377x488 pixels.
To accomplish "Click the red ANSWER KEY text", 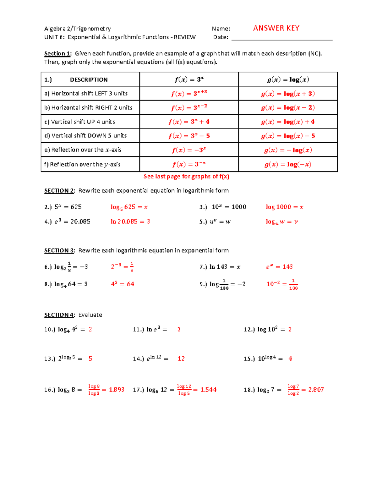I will pyautogui.click(x=276, y=28).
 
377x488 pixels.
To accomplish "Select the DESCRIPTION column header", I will pyautogui.click(x=89, y=80).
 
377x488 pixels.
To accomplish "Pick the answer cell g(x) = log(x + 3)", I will pyautogui.click(x=288, y=94).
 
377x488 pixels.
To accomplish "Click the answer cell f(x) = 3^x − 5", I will pyautogui.click(x=189, y=136).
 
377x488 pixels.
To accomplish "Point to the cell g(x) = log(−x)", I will pyautogui.click(x=288, y=164).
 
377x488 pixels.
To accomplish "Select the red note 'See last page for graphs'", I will pyautogui.click(x=186, y=177).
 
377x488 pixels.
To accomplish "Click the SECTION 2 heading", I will pyautogui.click(x=59, y=191).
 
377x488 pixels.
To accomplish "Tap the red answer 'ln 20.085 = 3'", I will pyautogui.click(x=130, y=222).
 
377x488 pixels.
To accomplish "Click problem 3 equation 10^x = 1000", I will pyautogui.click(x=229, y=207).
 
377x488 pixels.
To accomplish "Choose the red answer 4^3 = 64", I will pyautogui.click(x=123, y=284).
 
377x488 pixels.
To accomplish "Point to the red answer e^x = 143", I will pyautogui.click(x=279, y=267).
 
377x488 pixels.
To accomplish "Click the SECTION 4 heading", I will pyautogui.click(x=59, y=315).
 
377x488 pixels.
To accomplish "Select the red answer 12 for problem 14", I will pyautogui.click(x=181, y=359).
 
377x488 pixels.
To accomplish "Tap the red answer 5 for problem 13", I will pyautogui.click(x=90, y=359).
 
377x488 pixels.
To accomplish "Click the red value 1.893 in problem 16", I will pyautogui.click(x=117, y=390).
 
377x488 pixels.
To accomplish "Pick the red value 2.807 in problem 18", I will pyautogui.click(x=316, y=390).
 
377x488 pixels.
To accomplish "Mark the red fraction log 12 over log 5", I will pyautogui.click(x=184, y=390).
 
